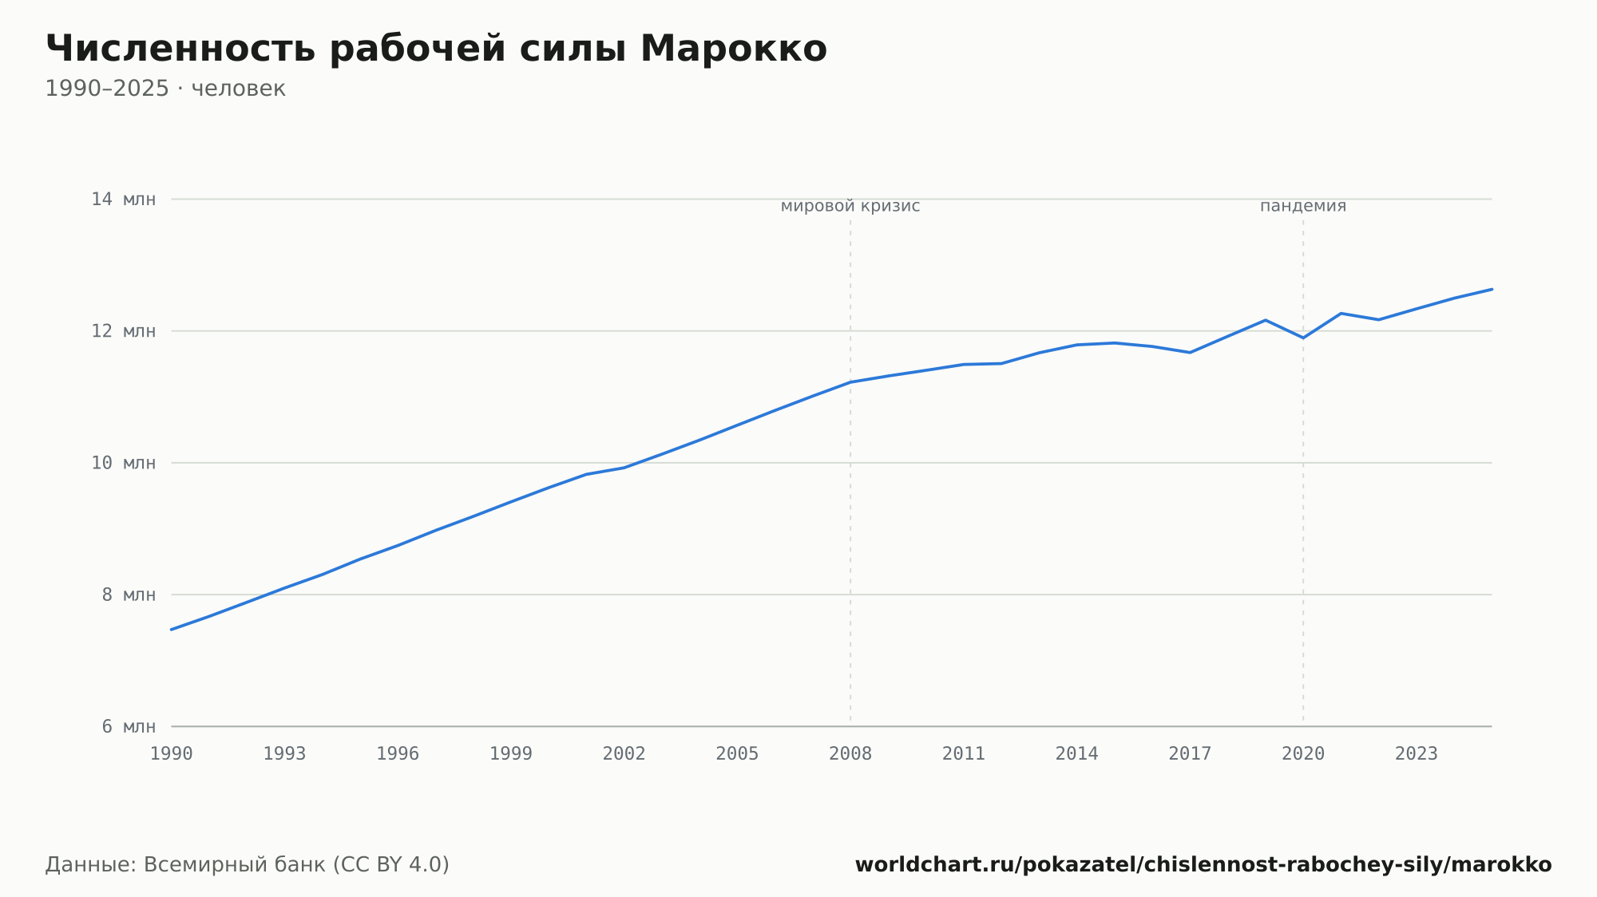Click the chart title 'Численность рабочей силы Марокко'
(436, 49)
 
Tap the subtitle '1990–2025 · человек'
(165, 89)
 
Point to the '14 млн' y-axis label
(124, 200)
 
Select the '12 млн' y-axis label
(124, 331)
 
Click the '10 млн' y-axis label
(124, 463)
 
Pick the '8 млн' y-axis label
(129, 595)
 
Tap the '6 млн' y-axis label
(129, 726)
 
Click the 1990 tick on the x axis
(172, 754)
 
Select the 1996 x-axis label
(398, 754)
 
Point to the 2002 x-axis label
(624, 754)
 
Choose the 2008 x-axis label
(850, 754)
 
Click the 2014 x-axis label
(1077, 754)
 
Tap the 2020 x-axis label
(1303, 754)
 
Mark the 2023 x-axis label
(1417, 754)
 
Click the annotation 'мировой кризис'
(850, 207)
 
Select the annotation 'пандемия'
(1303, 207)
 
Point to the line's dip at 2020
(1303, 338)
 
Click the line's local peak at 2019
(1266, 320)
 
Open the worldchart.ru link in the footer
(1203, 865)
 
